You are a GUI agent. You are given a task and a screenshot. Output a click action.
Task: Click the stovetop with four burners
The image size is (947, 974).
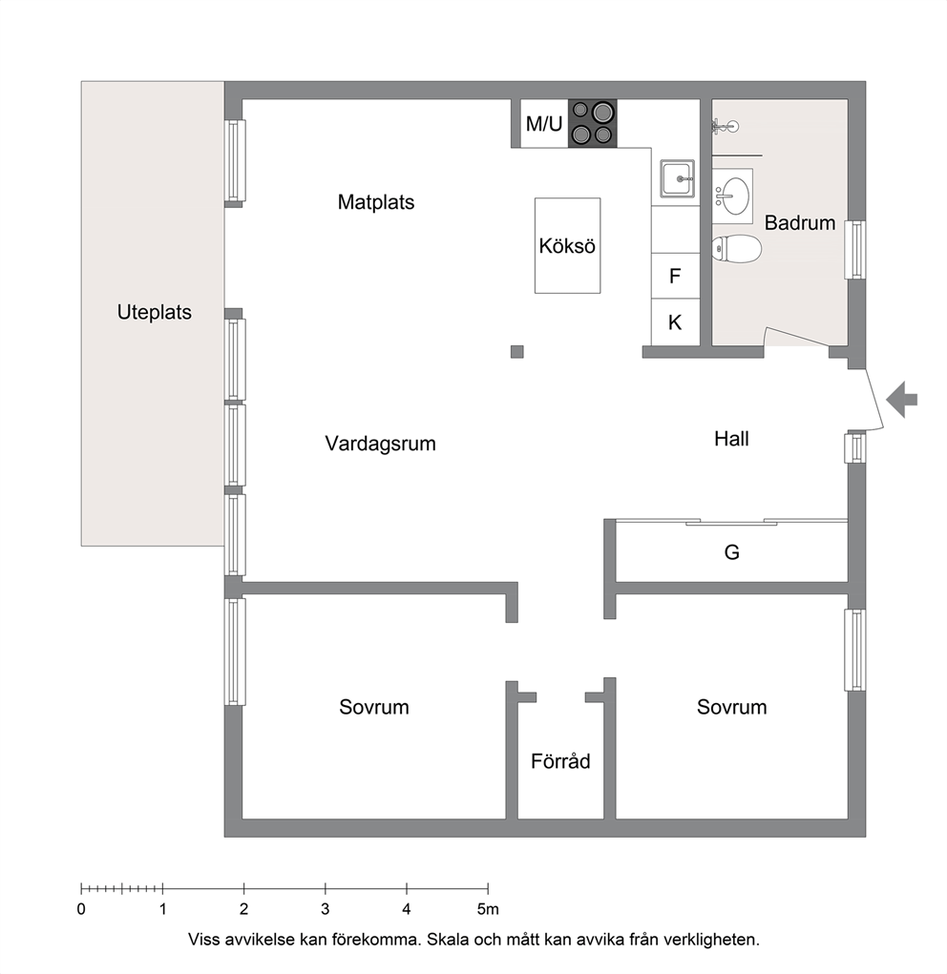coord(592,123)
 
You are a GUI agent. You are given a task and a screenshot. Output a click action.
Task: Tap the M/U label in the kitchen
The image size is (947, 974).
coord(544,124)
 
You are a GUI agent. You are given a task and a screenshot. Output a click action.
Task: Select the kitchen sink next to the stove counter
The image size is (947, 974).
coord(677,179)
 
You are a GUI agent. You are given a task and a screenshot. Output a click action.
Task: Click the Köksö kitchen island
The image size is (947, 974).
coord(567,245)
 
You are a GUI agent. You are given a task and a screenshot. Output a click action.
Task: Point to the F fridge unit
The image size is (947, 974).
coord(675,276)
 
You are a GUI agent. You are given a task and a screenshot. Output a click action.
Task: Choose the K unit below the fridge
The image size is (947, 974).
coord(675,321)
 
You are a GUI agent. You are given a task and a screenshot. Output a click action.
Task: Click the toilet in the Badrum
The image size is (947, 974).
coord(737,248)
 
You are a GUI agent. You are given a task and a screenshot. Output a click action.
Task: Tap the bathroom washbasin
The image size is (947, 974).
coord(732,196)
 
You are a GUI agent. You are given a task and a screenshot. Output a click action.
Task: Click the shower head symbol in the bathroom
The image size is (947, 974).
coord(725,127)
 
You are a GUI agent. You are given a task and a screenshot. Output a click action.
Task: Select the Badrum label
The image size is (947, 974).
coord(800,222)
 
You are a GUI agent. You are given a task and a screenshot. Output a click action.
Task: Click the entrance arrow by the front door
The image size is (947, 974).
coord(901,400)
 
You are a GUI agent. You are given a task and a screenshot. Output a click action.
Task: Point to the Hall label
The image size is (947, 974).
coord(731,439)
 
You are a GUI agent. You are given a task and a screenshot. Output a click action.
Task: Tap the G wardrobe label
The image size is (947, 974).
coord(732,551)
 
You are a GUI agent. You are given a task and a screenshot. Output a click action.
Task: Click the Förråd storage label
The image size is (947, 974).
coord(560,761)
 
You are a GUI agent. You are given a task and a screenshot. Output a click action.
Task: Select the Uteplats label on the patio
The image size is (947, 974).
coord(155,312)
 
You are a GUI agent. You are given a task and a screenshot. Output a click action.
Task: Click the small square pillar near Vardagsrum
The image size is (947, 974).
coord(516,352)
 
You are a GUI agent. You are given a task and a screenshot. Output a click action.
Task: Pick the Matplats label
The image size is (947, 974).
coord(375,202)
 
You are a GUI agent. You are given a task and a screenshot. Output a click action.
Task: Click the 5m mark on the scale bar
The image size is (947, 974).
coord(488,909)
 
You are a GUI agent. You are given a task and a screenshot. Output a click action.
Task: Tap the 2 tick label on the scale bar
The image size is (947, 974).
coord(243,909)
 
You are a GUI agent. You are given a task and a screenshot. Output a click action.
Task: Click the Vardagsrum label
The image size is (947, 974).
coord(380,444)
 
